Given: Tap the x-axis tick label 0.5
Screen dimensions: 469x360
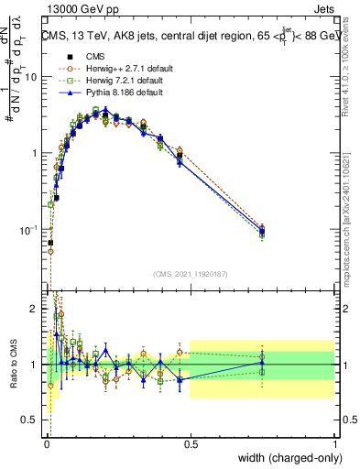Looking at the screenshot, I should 190,442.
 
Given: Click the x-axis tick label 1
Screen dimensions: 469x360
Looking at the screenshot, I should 334,442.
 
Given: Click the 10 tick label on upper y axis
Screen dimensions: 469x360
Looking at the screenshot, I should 31,77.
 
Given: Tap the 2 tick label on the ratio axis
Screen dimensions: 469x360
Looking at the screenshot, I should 34,309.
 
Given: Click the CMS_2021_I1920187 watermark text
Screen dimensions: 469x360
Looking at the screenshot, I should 190,274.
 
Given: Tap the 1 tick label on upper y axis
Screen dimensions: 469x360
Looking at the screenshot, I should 34,153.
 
